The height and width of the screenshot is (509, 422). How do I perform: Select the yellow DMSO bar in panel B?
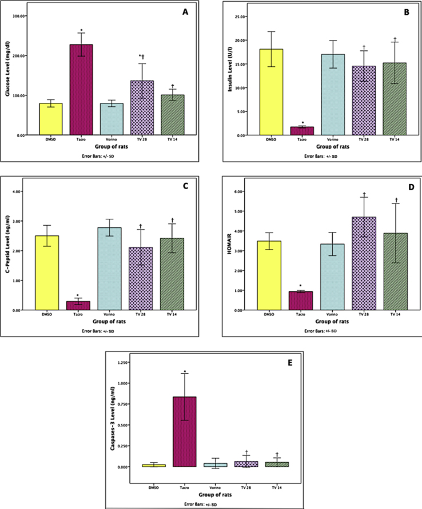click(272, 92)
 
